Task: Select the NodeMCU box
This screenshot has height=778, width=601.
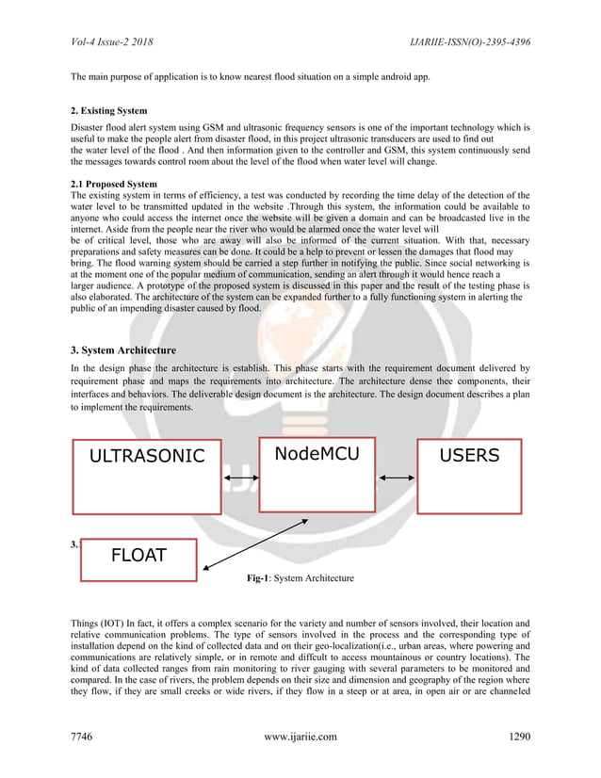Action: click(x=316, y=474)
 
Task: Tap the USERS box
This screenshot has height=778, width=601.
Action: click(x=469, y=476)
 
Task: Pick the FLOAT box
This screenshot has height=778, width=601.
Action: click(x=139, y=559)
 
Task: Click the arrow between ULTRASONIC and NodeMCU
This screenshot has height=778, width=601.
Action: click(x=242, y=479)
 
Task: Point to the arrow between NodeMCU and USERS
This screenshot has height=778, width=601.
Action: click(x=395, y=479)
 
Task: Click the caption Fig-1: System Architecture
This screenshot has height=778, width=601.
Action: click(x=300, y=577)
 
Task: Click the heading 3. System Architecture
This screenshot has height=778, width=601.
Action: click(x=124, y=349)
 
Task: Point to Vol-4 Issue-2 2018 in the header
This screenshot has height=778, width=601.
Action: click(x=112, y=42)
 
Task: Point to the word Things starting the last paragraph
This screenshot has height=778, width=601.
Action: click(x=88, y=623)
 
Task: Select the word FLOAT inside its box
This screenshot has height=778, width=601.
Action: click(x=138, y=555)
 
